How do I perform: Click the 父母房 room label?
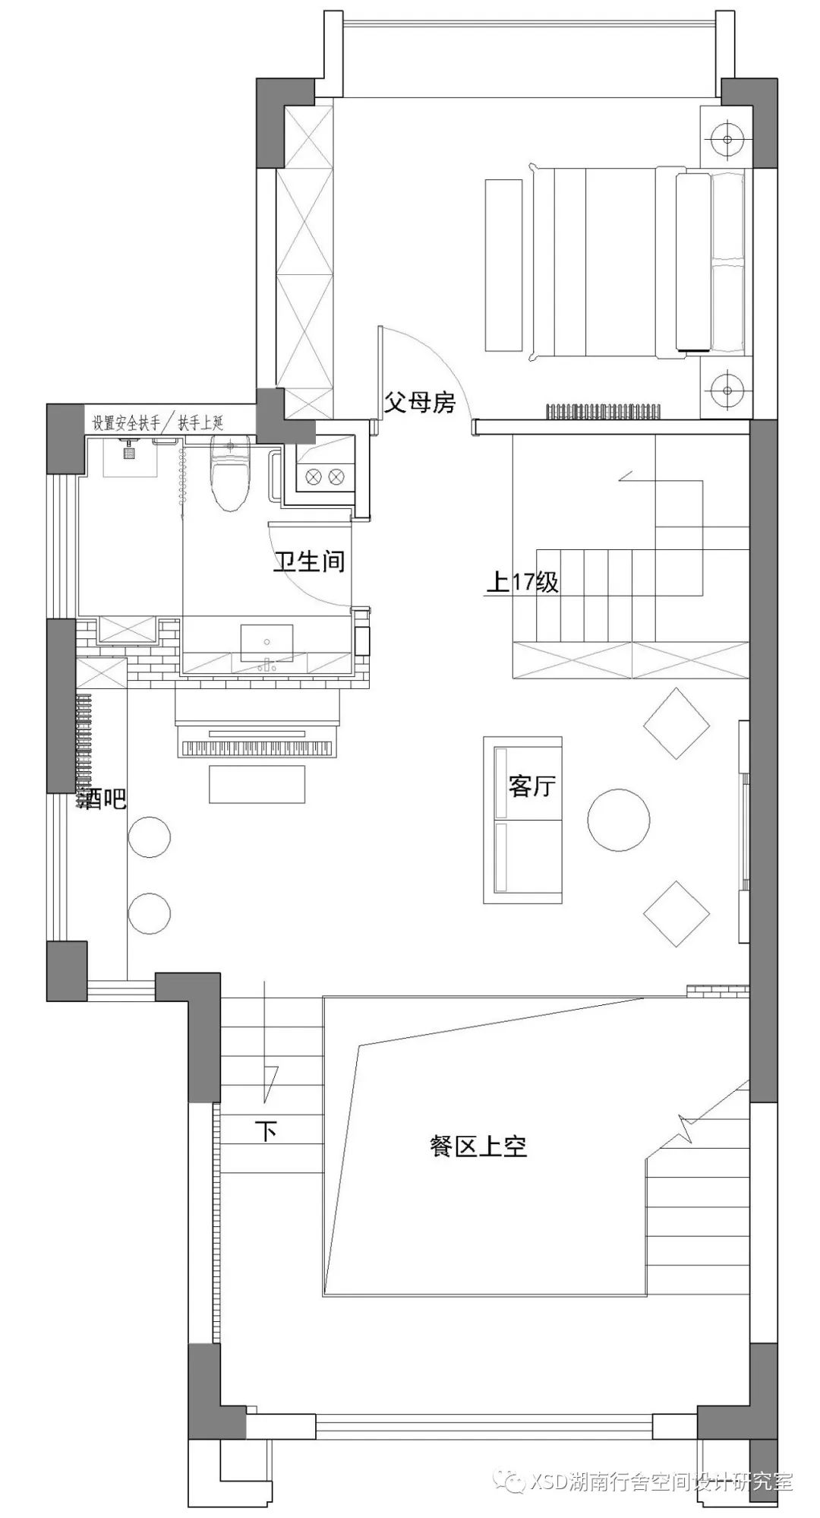(x=419, y=402)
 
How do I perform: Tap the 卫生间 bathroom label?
(x=309, y=561)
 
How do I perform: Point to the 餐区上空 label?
(x=478, y=1146)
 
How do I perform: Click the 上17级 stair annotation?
(x=522, y=583)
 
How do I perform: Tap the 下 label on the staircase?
(x=265, y=1131)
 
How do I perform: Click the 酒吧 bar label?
(x=102, y=799)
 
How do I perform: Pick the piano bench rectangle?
(x=257, y=784)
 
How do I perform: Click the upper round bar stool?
(x=149, y=837)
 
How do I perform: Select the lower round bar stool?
(x=149, y=915)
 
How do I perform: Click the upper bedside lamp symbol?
(x=727, y=138)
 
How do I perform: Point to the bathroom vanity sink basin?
(x=266, y=643)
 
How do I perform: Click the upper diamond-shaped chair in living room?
(x=676, y=723)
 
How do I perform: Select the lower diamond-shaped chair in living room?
(x=676, y=914)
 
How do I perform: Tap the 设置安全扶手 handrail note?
(x=127, y=423)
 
